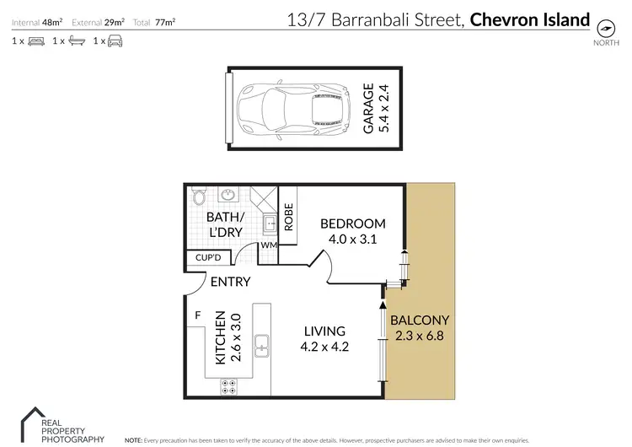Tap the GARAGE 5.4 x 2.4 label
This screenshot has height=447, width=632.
[373, 109]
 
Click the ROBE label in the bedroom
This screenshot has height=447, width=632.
[288, 217]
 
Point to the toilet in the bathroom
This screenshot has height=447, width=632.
[199, 197]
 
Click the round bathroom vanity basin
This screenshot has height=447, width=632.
[227, 197]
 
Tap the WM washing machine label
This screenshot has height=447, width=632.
[269, 245]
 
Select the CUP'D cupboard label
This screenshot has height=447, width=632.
[207, 258]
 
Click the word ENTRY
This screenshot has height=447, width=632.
[229, 283]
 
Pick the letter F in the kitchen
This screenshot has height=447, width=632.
[197, 316]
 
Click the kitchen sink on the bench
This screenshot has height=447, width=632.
[262, 344]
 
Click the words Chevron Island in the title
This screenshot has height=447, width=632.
[529, 19]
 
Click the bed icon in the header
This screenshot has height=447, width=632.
[36, 40]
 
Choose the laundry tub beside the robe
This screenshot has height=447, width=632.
[269, 225]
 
